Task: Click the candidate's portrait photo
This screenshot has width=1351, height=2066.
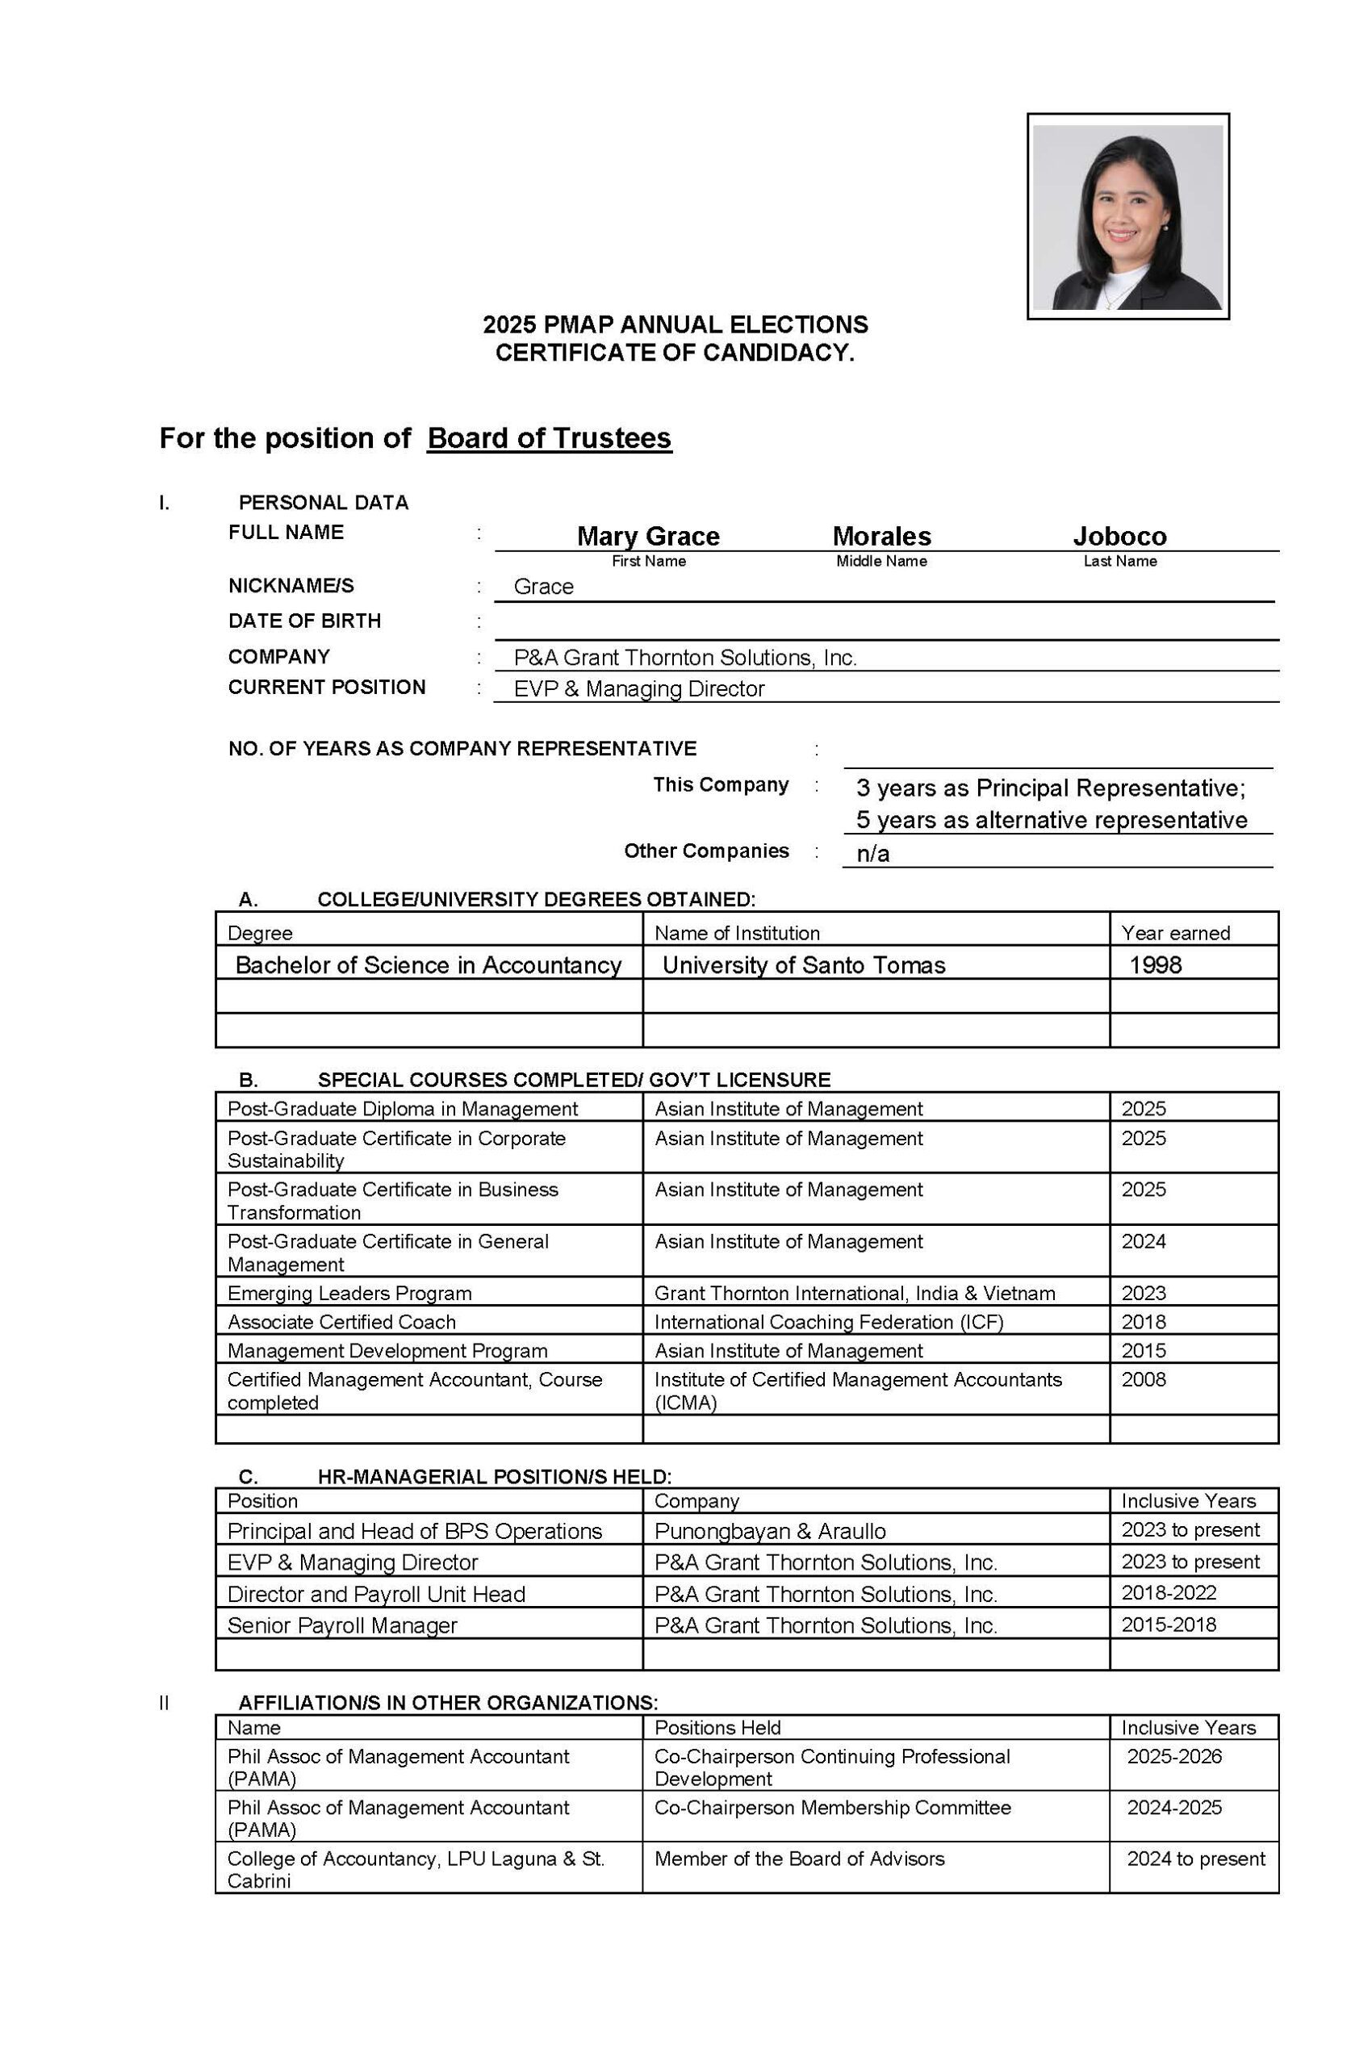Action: click(x=1127, y=216)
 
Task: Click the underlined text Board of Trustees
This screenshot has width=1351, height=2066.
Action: click(x=549, y=438)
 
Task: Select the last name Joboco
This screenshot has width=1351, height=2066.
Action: click(x=1119, y=536)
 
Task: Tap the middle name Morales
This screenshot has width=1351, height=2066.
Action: click(x=881, y=536)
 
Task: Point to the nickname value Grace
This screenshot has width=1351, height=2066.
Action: click(x=543, y=587)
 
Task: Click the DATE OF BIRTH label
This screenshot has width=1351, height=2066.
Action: click(x=304, y=621)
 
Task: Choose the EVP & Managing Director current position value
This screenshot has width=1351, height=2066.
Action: click(x=639, y=689)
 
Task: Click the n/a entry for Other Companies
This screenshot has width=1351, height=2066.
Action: click(x=872, y=854)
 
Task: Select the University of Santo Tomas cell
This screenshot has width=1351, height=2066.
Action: click(x=803, y=965)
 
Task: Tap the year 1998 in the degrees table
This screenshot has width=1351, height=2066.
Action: click(x=1155, y=965)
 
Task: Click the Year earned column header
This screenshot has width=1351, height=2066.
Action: click(x=1175, y=933)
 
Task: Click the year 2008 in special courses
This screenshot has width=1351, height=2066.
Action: click(x=1144, y=1379)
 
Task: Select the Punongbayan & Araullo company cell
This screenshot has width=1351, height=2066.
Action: click(x=770, y=1531)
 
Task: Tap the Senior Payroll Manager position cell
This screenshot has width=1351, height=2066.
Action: click(x=342, y=1625)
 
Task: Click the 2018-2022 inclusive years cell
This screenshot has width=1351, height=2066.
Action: click(x=1169, y=1593)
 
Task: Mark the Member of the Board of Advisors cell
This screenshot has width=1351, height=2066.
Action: click(x=799, y=1859)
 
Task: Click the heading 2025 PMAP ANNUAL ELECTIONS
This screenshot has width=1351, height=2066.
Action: click(x=675, y=324)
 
